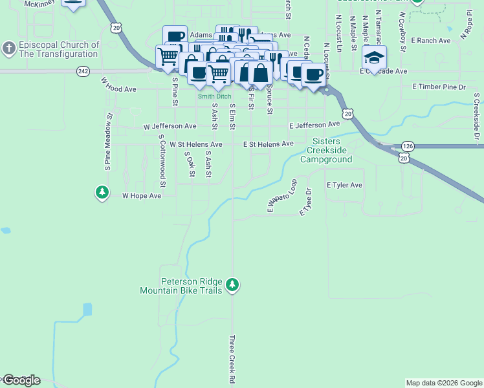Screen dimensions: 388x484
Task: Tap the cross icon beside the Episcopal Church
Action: pyautogui.click(x=8, y=49)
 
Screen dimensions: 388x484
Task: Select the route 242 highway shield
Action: pyautogui.click(x=82, y=71)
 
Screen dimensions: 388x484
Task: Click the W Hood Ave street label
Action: pyautogui.click(x=118, y=85)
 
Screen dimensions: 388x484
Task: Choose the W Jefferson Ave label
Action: pyautogui.click(x=170, y=126)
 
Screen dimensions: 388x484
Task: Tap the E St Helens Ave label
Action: pyautogui.click(x=268, y=144)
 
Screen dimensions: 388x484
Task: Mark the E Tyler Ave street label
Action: pyautogui.click(x=344, y=185)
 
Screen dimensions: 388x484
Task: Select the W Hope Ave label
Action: pyautogui.click(x=142, y=195)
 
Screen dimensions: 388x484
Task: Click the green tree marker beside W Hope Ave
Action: pyautogui.click(x=102, y=192)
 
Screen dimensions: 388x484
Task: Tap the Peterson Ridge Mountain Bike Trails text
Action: pyautogui.click(x=182, y=286)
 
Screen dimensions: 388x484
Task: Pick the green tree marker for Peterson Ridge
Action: pyautogui.click(x=233, y=285)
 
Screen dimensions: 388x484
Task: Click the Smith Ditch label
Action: pyautogui.click(x=214, y=96)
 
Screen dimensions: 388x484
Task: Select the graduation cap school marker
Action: pyautogui.click(x=374, y=58)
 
